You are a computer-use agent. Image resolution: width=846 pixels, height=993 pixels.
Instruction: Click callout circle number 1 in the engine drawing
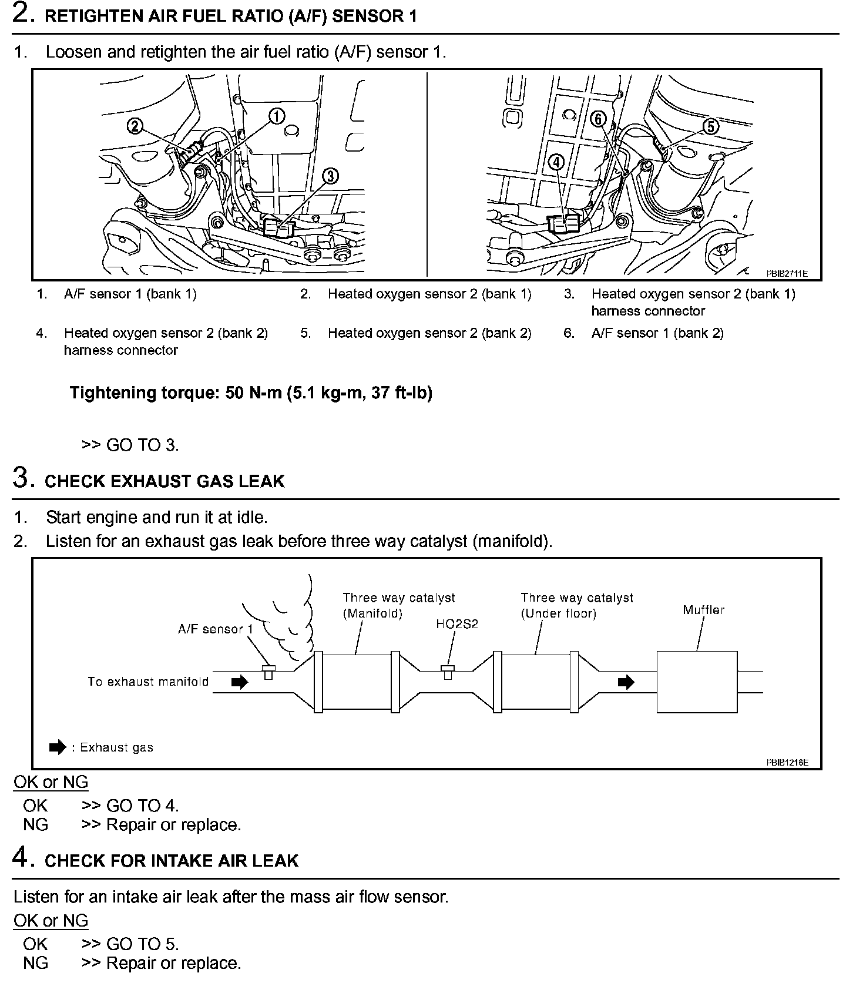point(277,116)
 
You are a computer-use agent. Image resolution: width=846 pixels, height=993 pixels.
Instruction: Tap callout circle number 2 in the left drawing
point(136,126)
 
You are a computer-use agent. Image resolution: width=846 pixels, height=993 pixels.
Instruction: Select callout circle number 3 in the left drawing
point(331,176)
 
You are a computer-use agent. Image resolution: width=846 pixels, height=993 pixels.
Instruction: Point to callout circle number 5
point(710,126)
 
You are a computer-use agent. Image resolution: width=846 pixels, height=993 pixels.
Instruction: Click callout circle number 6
point(598,119)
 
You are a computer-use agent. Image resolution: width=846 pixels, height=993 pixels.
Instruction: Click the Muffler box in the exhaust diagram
point(697,682)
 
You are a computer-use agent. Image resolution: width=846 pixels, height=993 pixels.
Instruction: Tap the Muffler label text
point(703,610)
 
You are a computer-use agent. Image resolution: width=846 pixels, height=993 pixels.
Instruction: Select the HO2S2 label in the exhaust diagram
point(457,624)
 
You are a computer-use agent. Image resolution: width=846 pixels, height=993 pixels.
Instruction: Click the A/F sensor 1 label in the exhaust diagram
point(215,629)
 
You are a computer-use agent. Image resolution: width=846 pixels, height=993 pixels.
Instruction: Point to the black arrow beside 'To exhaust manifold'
point(240,682)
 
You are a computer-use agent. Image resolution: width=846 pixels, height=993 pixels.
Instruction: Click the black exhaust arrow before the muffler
point(626,682)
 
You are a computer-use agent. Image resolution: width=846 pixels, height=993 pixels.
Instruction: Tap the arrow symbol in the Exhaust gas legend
point(58,747)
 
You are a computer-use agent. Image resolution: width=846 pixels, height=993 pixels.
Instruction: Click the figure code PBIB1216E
point(787,763)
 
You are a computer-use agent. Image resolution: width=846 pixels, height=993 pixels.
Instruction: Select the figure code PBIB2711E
point(787,273)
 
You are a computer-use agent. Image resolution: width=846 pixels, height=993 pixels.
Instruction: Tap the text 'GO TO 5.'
point(142,944)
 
